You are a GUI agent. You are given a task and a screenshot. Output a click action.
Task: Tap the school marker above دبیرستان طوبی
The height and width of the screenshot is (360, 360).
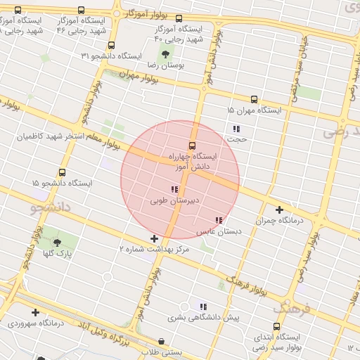pos(174,189)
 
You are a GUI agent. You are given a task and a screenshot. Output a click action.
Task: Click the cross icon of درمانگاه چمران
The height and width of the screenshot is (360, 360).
pos(279,210)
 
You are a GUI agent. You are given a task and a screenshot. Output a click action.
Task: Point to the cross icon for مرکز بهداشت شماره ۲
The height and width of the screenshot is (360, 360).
pos(155,239)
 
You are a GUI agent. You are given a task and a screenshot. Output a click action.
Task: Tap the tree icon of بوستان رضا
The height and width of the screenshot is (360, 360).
pos(165,53)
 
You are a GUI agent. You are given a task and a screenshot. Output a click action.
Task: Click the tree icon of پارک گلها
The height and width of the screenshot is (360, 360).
pos(57,243)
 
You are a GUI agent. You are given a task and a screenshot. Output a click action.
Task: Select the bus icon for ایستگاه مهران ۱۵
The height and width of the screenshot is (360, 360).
pos(254,100)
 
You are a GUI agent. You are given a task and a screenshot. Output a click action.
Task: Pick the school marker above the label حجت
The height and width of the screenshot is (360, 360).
pos(236,129)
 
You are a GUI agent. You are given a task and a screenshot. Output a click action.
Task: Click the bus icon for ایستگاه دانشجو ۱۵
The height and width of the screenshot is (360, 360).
pos(62,172)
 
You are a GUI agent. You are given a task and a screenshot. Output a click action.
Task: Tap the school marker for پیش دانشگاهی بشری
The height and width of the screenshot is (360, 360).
pos(202,307)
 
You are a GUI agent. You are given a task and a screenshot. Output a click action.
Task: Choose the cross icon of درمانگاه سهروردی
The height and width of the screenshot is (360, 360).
pos(35,312)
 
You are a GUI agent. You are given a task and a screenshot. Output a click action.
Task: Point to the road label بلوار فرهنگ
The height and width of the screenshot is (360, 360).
pos(246,284)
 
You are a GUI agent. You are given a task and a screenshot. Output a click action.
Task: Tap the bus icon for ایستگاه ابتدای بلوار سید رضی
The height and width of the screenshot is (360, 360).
pos(276,327)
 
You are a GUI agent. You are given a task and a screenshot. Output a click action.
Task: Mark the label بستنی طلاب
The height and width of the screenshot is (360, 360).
pos(161,352)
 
